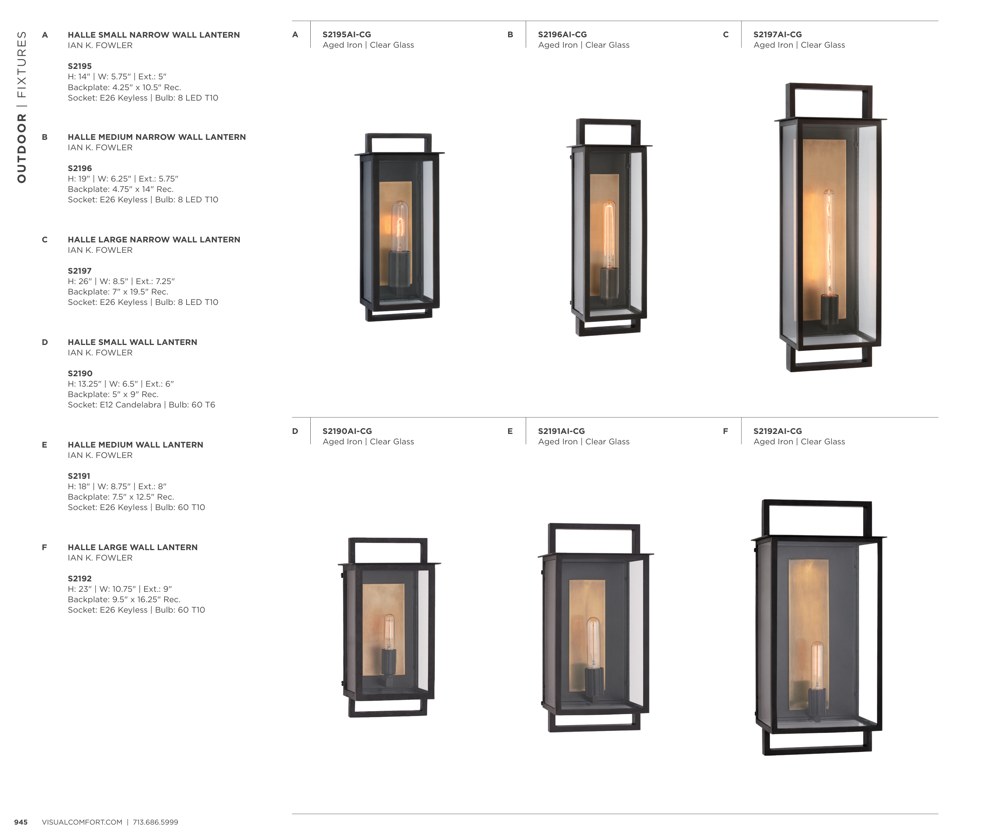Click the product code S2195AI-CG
coord(346,34)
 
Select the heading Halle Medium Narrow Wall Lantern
coord(157,137)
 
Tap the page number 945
coord(21,822)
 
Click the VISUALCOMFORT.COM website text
coord(82,822)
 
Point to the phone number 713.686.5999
coord(155,822)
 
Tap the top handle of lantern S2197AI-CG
coord(829,100)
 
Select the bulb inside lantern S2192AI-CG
coord(817,666)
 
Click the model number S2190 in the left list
coord(80,373)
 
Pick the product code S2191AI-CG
coord(561,431)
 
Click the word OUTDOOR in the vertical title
coord(22,148)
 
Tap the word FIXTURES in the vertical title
coord(22,65)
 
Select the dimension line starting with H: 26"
coord(121,281)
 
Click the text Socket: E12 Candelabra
coord(115,405)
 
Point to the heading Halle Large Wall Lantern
coord(133,547)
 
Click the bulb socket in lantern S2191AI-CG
coord(594,682)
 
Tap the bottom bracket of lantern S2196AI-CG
coord(608,327)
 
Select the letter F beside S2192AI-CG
coord(726,431)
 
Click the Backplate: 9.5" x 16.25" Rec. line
coord(124,599)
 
